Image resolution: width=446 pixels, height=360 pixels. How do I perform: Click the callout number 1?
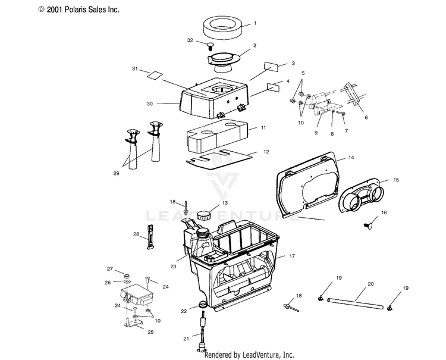[x=255, y=24]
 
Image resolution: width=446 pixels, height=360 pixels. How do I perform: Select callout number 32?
[x=190, y=40]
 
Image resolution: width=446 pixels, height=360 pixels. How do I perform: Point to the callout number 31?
[x=135, y=70]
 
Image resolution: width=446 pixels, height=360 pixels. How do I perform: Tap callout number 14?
[x=351, y=158]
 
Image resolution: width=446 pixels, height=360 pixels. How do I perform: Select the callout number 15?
[x=396, y=179]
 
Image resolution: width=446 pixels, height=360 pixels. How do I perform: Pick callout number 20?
[x=370, y=284]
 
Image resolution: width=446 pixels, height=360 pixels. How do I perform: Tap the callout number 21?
[x=186, y=338]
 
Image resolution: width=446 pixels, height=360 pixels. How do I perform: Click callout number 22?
[x=184, y=311]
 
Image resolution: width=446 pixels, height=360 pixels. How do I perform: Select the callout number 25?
[x=150, y=332]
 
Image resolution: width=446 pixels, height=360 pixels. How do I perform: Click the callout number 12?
[x=266, y=152]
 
